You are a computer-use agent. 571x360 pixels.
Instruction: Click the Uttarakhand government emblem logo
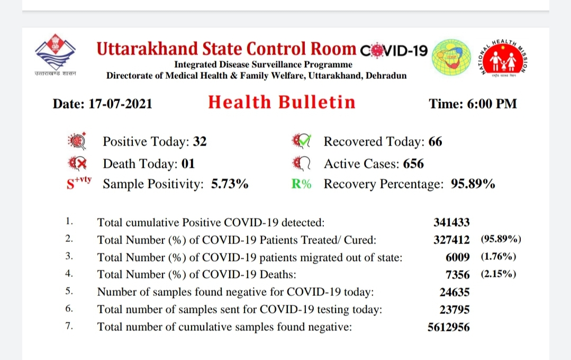(56, 55)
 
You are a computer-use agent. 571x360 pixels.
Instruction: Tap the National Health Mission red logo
(504, 58)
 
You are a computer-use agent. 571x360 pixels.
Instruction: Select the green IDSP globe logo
(451, 57)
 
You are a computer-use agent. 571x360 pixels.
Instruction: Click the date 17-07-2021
(120, 104)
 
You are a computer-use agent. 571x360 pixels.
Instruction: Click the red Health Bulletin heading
(282, 102)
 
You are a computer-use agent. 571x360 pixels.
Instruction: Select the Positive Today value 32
(200, 141)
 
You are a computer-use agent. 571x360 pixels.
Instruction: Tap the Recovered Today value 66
(435, 141)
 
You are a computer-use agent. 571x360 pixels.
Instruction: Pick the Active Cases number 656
(413, 164)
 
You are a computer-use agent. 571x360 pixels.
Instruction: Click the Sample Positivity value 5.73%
(230, 184)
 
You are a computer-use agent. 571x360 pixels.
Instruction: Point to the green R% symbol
(301, 184)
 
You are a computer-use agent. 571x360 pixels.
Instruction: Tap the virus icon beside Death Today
(77, 164)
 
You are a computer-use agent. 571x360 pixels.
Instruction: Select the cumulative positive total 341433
(451, 222)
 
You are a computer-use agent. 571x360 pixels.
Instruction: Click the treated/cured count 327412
(451, 240)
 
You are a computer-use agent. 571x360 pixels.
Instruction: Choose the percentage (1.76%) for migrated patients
(499, 257)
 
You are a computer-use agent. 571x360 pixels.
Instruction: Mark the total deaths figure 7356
(458, 274)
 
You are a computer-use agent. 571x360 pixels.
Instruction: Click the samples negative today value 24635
(455, 292)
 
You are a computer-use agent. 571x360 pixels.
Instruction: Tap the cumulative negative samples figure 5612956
(449, 327)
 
